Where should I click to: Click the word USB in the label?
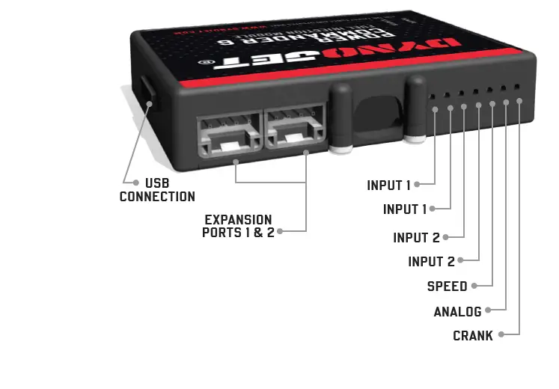pyautogui.click(x=156, y=183)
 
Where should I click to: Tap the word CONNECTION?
pyautogui.click(x=157, y=197)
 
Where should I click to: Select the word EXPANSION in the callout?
pyautogui.click(x=238, y=220)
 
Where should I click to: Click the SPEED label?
pyautogui.click(x=447, y=287)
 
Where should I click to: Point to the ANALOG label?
pyautogui.click(x=457, y=311)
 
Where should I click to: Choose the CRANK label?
pyautogui.click(x=473, y=336)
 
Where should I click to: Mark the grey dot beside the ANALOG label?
pyautogui.click(x=489, y=310)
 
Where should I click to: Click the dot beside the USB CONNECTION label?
pyautogui.click(x=135, y=183)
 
